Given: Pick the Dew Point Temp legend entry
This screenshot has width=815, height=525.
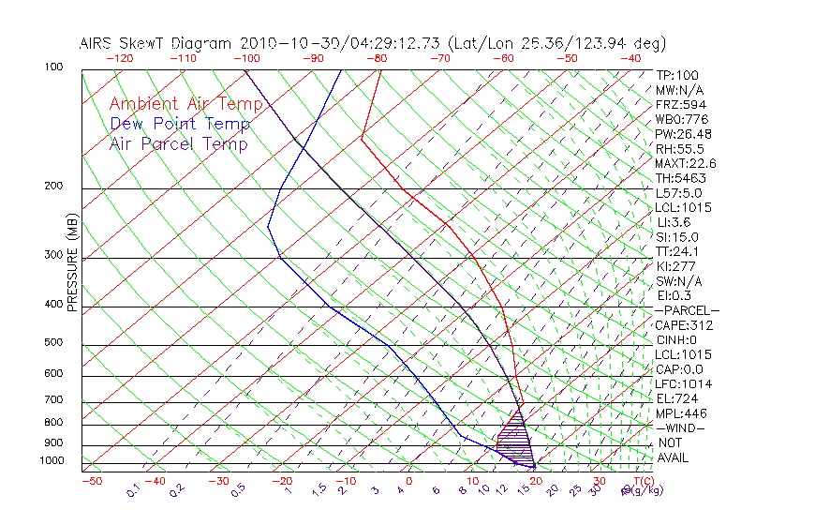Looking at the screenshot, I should (x=179, y=124).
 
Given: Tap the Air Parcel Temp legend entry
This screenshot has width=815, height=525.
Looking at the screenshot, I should (x=178, y=143).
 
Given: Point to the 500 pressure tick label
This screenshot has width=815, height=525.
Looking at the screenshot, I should (x=54, y=343).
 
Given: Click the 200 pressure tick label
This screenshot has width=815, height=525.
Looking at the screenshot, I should (x=54, y=187).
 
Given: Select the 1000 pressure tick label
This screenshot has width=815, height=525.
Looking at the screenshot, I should (x=52, y=461).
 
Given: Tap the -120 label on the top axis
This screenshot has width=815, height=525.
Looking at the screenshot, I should (x=119, y=58).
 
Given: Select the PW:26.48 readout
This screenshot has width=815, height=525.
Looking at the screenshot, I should (x=679, y=134).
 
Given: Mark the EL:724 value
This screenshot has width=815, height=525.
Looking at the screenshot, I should (x=674, y=398).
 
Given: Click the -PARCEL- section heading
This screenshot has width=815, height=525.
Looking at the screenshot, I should (x=687, y=310).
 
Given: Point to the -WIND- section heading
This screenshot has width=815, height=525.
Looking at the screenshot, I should (x=680, y=427).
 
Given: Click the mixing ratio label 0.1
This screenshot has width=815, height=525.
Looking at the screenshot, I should (x=134, y=489).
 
